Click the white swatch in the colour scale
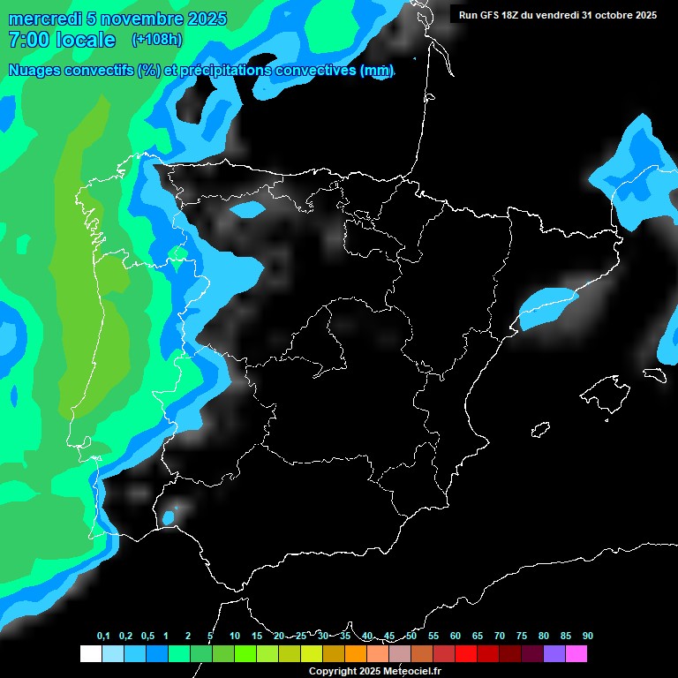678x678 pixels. tap(90, 653)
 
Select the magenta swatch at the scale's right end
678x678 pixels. tap(576, 653)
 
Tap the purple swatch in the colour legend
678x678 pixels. tap(554, 653)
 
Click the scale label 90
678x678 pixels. tap(588, 636)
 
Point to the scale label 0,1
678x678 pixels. tap(103, 636)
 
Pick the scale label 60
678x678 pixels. tap(456, 636)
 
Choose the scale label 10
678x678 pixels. tap(235, 636)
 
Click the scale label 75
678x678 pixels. tap(522, 636)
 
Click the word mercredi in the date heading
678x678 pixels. tap(44, 19)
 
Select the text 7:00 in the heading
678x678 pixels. tap(27, 40)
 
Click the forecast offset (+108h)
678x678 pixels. tap(157, 39)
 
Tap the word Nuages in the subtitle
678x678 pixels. tap(34, 70)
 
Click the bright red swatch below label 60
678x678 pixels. tap(466, 653)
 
